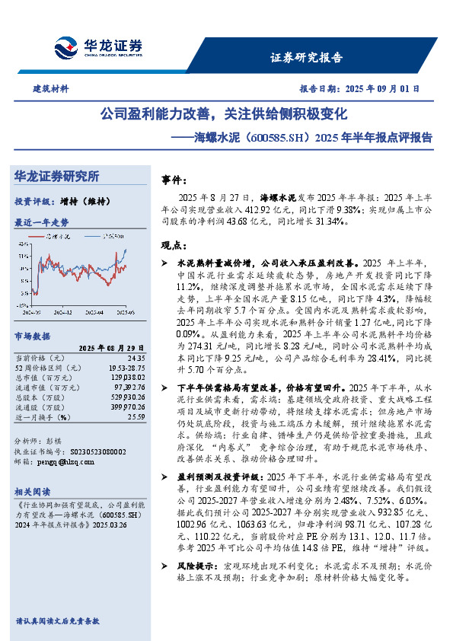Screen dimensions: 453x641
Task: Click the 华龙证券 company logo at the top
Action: point(97,46)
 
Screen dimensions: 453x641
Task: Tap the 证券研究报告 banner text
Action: point(307,57)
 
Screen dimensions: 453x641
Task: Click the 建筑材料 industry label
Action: point(50,88)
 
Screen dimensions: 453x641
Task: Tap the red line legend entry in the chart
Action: point(53,238)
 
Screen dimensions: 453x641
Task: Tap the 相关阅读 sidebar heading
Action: point(35,493)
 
